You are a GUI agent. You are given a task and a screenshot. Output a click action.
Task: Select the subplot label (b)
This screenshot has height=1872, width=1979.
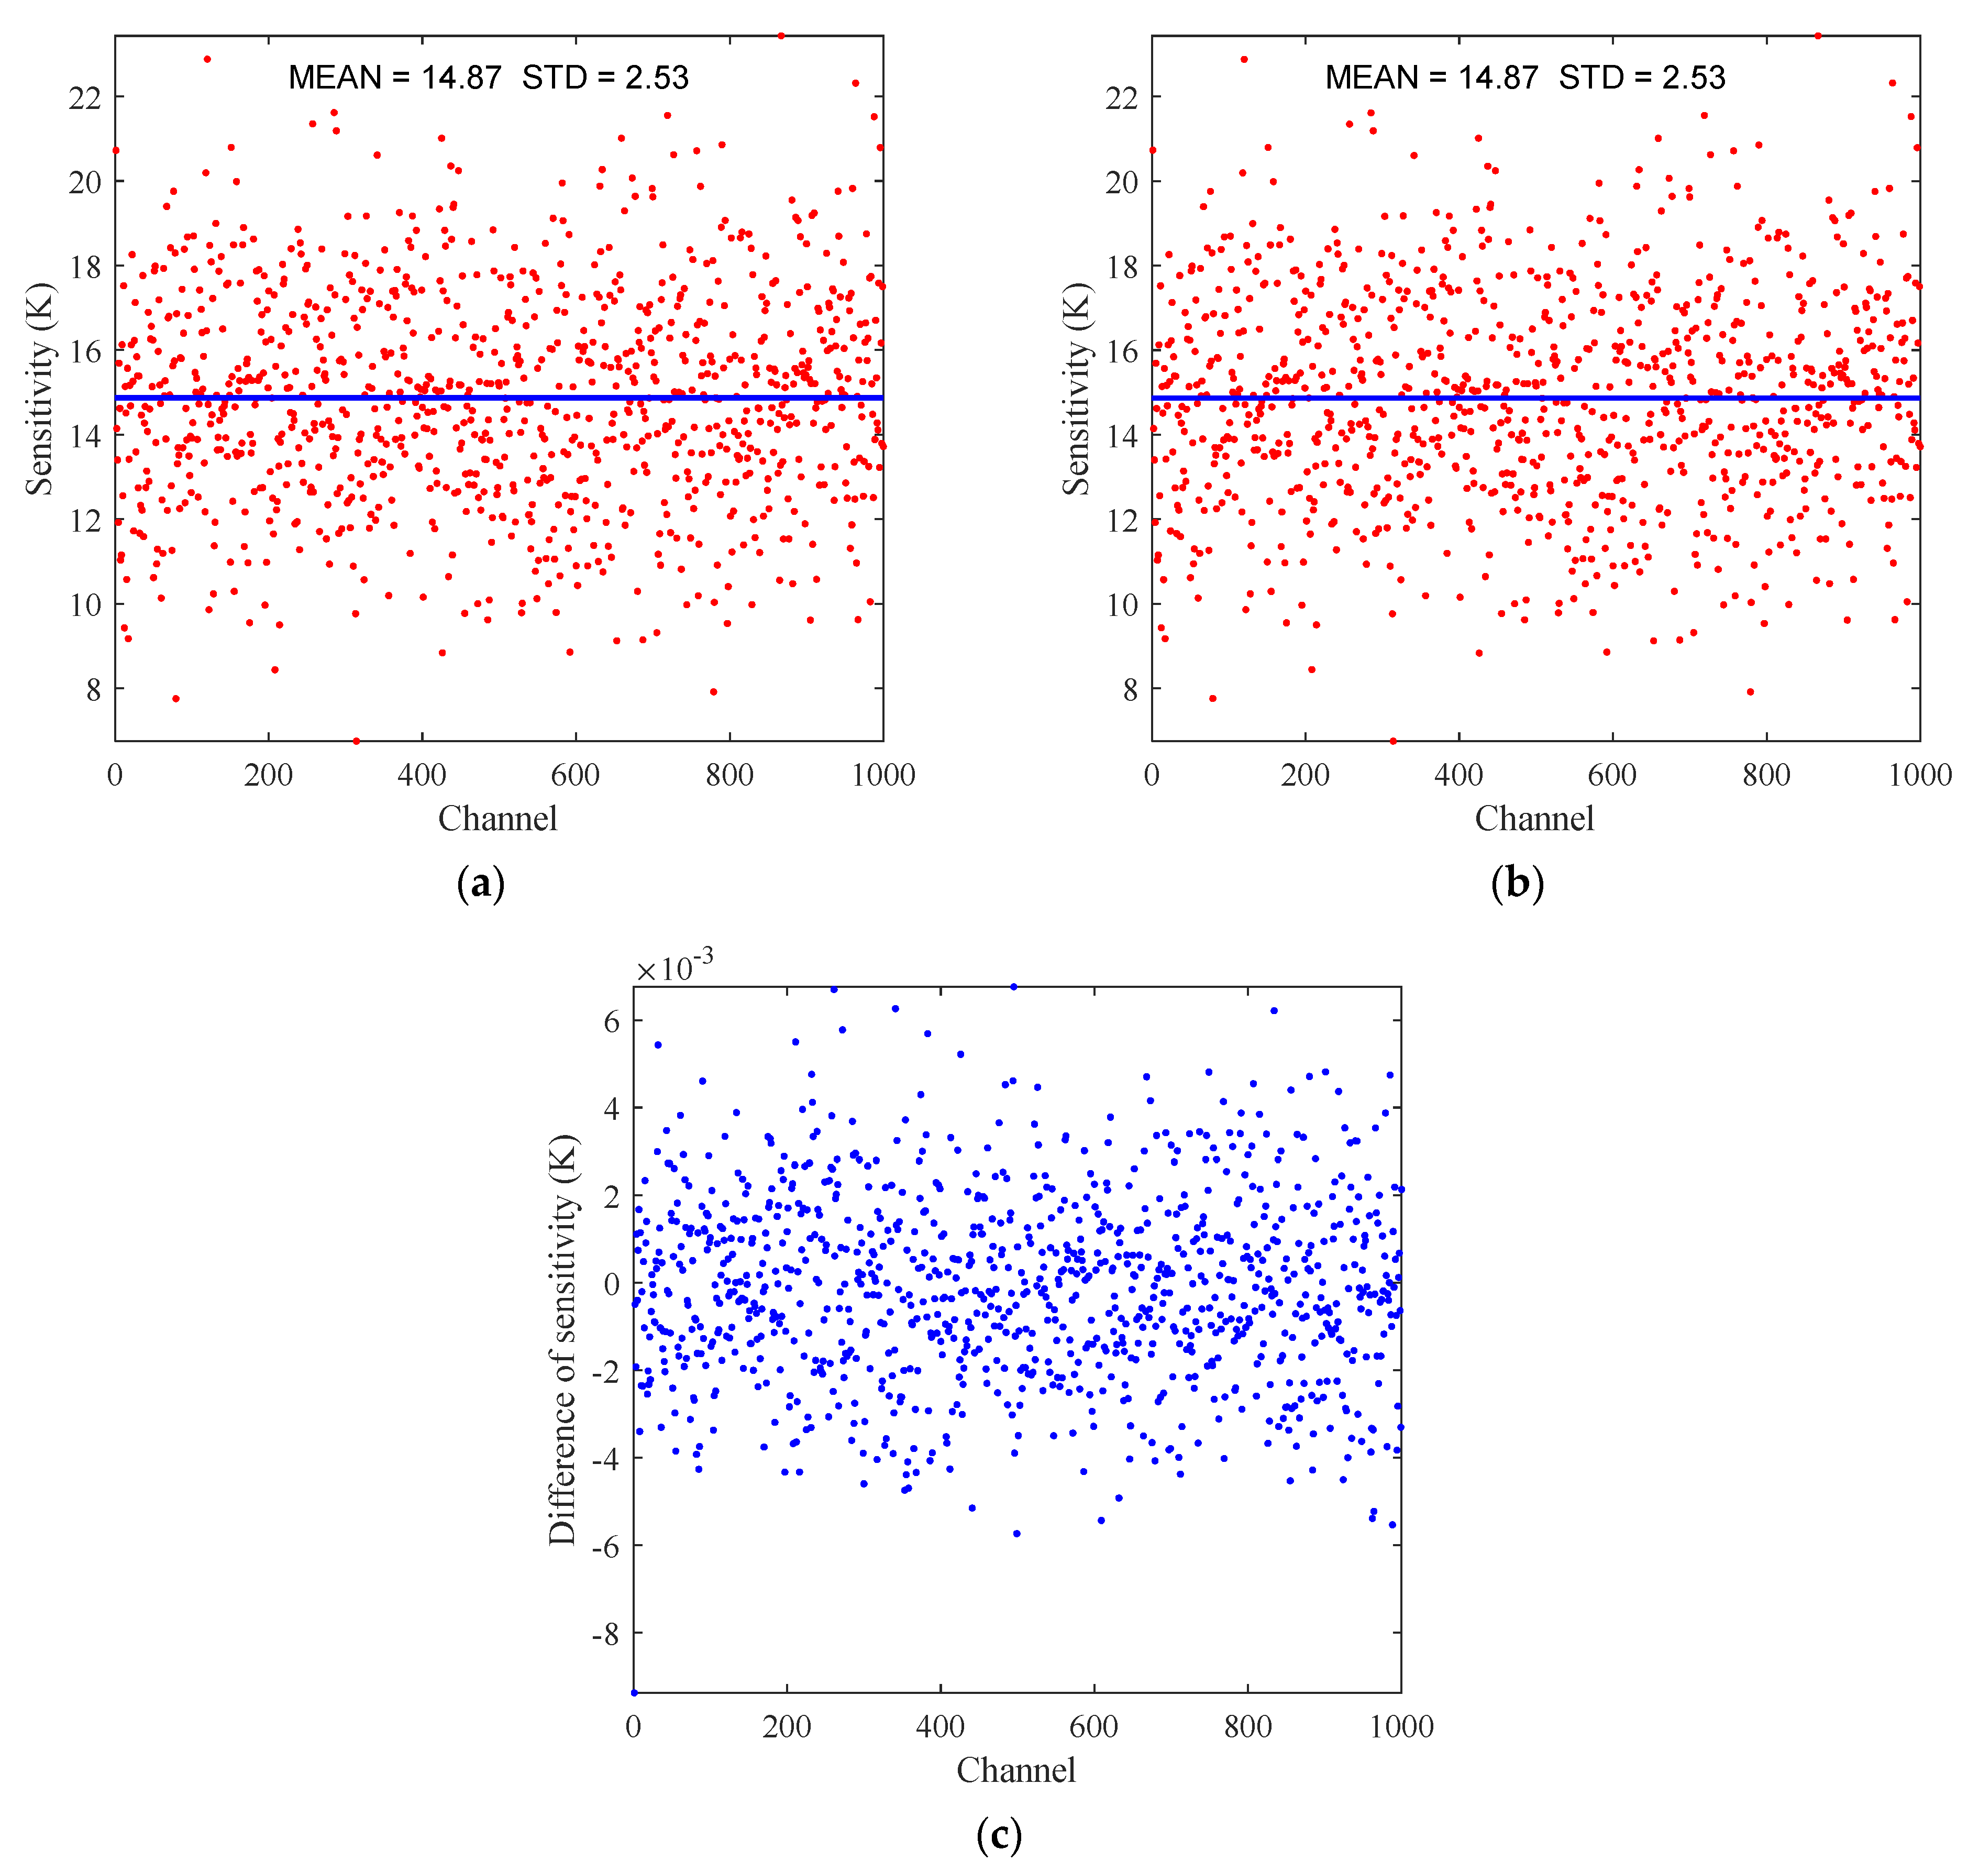pyautogui.click(x=1517, y=884)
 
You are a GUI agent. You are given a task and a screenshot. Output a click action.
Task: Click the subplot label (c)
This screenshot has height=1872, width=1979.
pyautogui.click(x=999, y=1834)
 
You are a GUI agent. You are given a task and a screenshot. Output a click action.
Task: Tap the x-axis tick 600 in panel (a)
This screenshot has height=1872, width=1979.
pyautogui.click(x=576, y=775)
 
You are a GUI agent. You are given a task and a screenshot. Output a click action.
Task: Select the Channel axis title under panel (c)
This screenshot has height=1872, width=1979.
pyautogui.click(x=1015, y=1770)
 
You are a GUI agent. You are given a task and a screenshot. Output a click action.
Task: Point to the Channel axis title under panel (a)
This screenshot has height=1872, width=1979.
pyautogui.click(x=497, y=819)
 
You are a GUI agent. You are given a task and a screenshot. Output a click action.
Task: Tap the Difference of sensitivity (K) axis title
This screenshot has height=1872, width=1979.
pyautogui.click(x=562, y=1339)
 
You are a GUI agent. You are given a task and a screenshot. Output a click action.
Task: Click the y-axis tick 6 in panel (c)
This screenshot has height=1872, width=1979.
pyautogui.click(x=612, y=1021)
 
